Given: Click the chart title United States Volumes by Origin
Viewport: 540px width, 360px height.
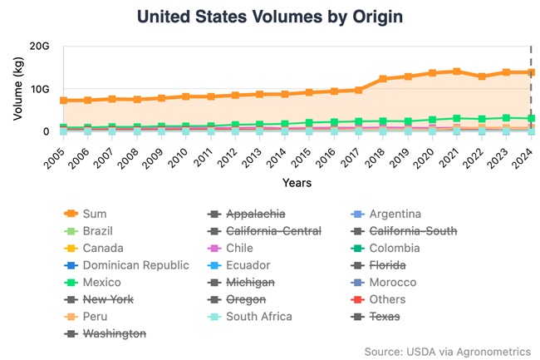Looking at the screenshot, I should click(x=271, y=16).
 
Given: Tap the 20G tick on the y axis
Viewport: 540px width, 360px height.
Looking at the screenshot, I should click(x=39, y=46).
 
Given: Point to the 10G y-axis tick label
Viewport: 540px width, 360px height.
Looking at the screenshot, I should click(x=39, y=89).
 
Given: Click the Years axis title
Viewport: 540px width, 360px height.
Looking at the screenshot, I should click(x=297, y=181).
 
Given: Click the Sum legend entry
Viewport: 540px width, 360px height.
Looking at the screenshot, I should click(x=95, y=214).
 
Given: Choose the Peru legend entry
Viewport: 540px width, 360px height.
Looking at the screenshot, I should click(x=96, y=316).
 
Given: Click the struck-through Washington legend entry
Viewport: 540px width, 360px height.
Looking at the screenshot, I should click(x=115, y=333).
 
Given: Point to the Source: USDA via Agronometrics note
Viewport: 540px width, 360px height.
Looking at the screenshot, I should click(x=447, y=351).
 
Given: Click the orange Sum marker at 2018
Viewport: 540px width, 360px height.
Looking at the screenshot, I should click(x=383, y=79).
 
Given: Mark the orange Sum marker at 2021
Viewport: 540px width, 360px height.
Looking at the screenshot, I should click(x=457, y=72).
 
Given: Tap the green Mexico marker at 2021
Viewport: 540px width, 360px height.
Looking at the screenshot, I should click(x=457, y=119).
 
